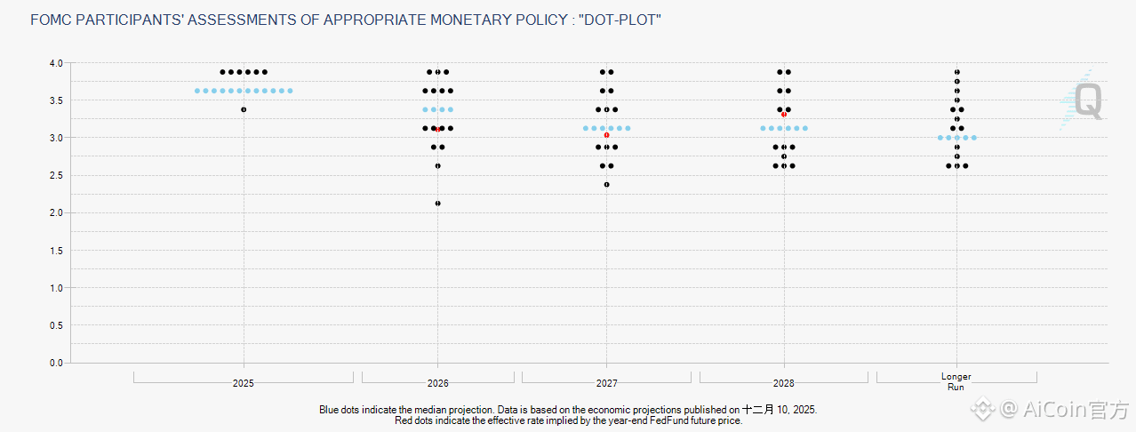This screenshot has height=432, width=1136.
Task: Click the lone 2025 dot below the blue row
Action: tap(244, 109)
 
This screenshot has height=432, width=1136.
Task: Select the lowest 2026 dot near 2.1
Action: tap(437, 204)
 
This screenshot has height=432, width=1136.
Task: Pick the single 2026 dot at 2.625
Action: tap(437, 165)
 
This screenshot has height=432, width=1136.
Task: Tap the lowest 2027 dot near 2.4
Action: tap(606, 185)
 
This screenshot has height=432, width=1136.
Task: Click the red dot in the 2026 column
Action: tap(437, 130)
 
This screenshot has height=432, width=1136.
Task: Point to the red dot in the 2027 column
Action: tap(606, 135)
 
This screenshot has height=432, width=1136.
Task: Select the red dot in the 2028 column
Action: tap(783, 115)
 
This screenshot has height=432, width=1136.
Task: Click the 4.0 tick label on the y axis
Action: tap(56, 63)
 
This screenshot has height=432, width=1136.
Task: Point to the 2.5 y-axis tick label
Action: tap(56, 175)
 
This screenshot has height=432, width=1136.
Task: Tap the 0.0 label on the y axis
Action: tap(56, 363)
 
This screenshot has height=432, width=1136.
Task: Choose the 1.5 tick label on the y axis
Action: tap(56, 251)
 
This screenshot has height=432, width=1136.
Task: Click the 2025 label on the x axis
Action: tap(244, 384)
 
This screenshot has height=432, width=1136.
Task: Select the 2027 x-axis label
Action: tap(606, 384)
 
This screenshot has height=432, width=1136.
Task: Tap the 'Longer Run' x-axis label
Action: tap(956, 381)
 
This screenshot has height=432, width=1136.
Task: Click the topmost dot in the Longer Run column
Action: tap(956, 72)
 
